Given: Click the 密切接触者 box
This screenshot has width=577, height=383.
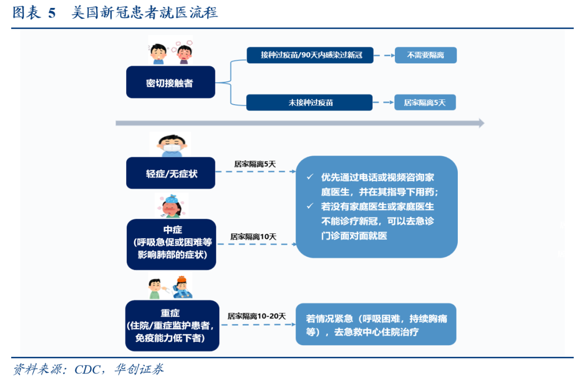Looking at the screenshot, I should click(x=170, y=82).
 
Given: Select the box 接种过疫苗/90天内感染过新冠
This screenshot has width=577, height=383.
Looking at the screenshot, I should click(x=310, y=55).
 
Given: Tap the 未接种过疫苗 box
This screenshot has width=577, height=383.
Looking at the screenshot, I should click(x=309, y=103).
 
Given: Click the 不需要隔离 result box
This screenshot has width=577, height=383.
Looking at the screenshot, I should click(x=425, y=55).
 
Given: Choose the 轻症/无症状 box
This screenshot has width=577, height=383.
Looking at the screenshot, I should click(x=170, y=173).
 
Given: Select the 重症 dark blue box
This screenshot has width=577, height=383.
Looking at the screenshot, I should click(x=172, y=325).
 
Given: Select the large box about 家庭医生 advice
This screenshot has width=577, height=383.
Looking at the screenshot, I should click(x=376, y=207).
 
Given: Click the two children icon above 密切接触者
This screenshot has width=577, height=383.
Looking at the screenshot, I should click(x=169, y=51).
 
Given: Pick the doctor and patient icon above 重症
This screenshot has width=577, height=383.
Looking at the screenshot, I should click(x=170, y=287).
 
